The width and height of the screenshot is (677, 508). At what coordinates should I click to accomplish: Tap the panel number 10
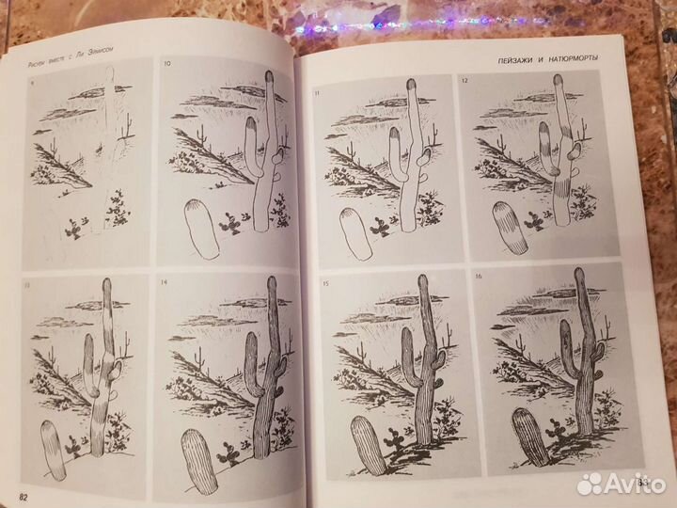pyautogui.click(x=167, y=64)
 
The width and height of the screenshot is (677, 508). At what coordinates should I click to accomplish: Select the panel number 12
pyautogui.click(x=464, y=83)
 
